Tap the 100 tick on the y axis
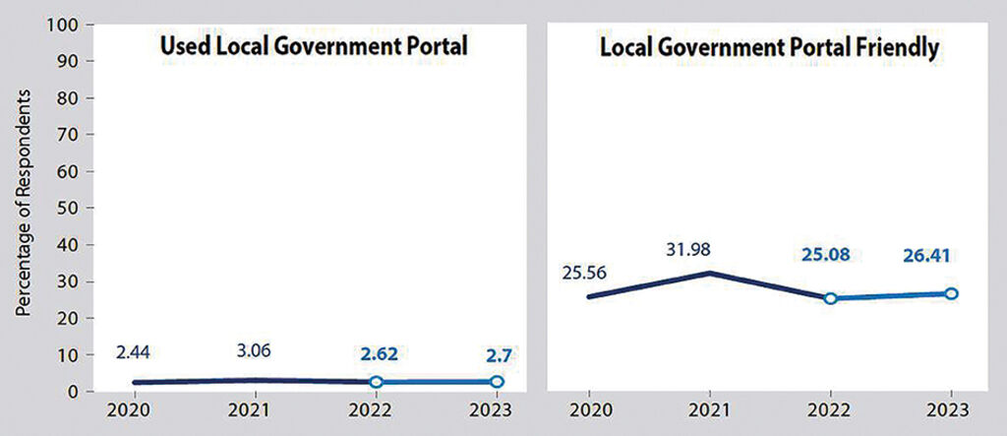pyautogui.click(x=66, y=24)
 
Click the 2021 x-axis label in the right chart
pyautogui.click(x=710, y=411)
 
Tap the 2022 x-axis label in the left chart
pyautogui.click(x=376, y=411)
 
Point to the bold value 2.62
pyautogui.click(x=376, y=352)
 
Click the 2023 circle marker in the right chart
pyautogui.click(x=951, y=293)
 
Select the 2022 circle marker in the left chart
pyautogui.click(x=376, y=382)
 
